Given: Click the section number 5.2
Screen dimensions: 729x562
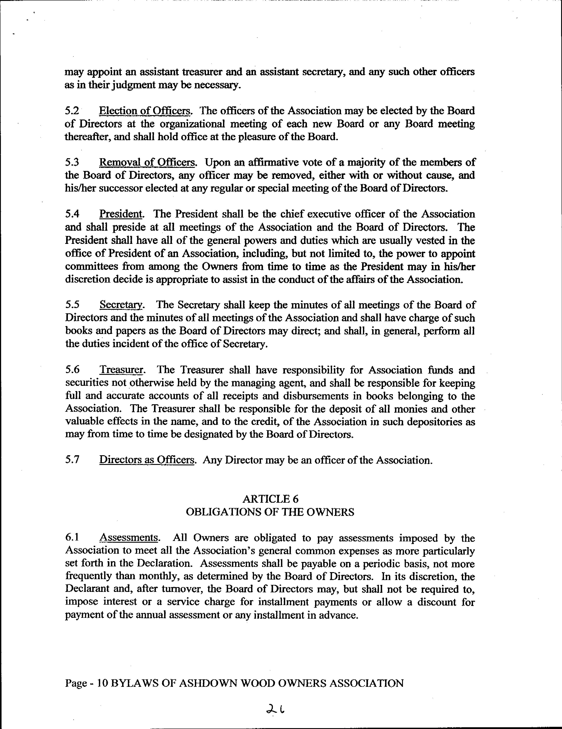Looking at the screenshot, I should point(72,111).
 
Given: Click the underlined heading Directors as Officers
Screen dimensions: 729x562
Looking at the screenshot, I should point(147,460).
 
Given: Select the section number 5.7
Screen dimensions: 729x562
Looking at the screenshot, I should point(72,460).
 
